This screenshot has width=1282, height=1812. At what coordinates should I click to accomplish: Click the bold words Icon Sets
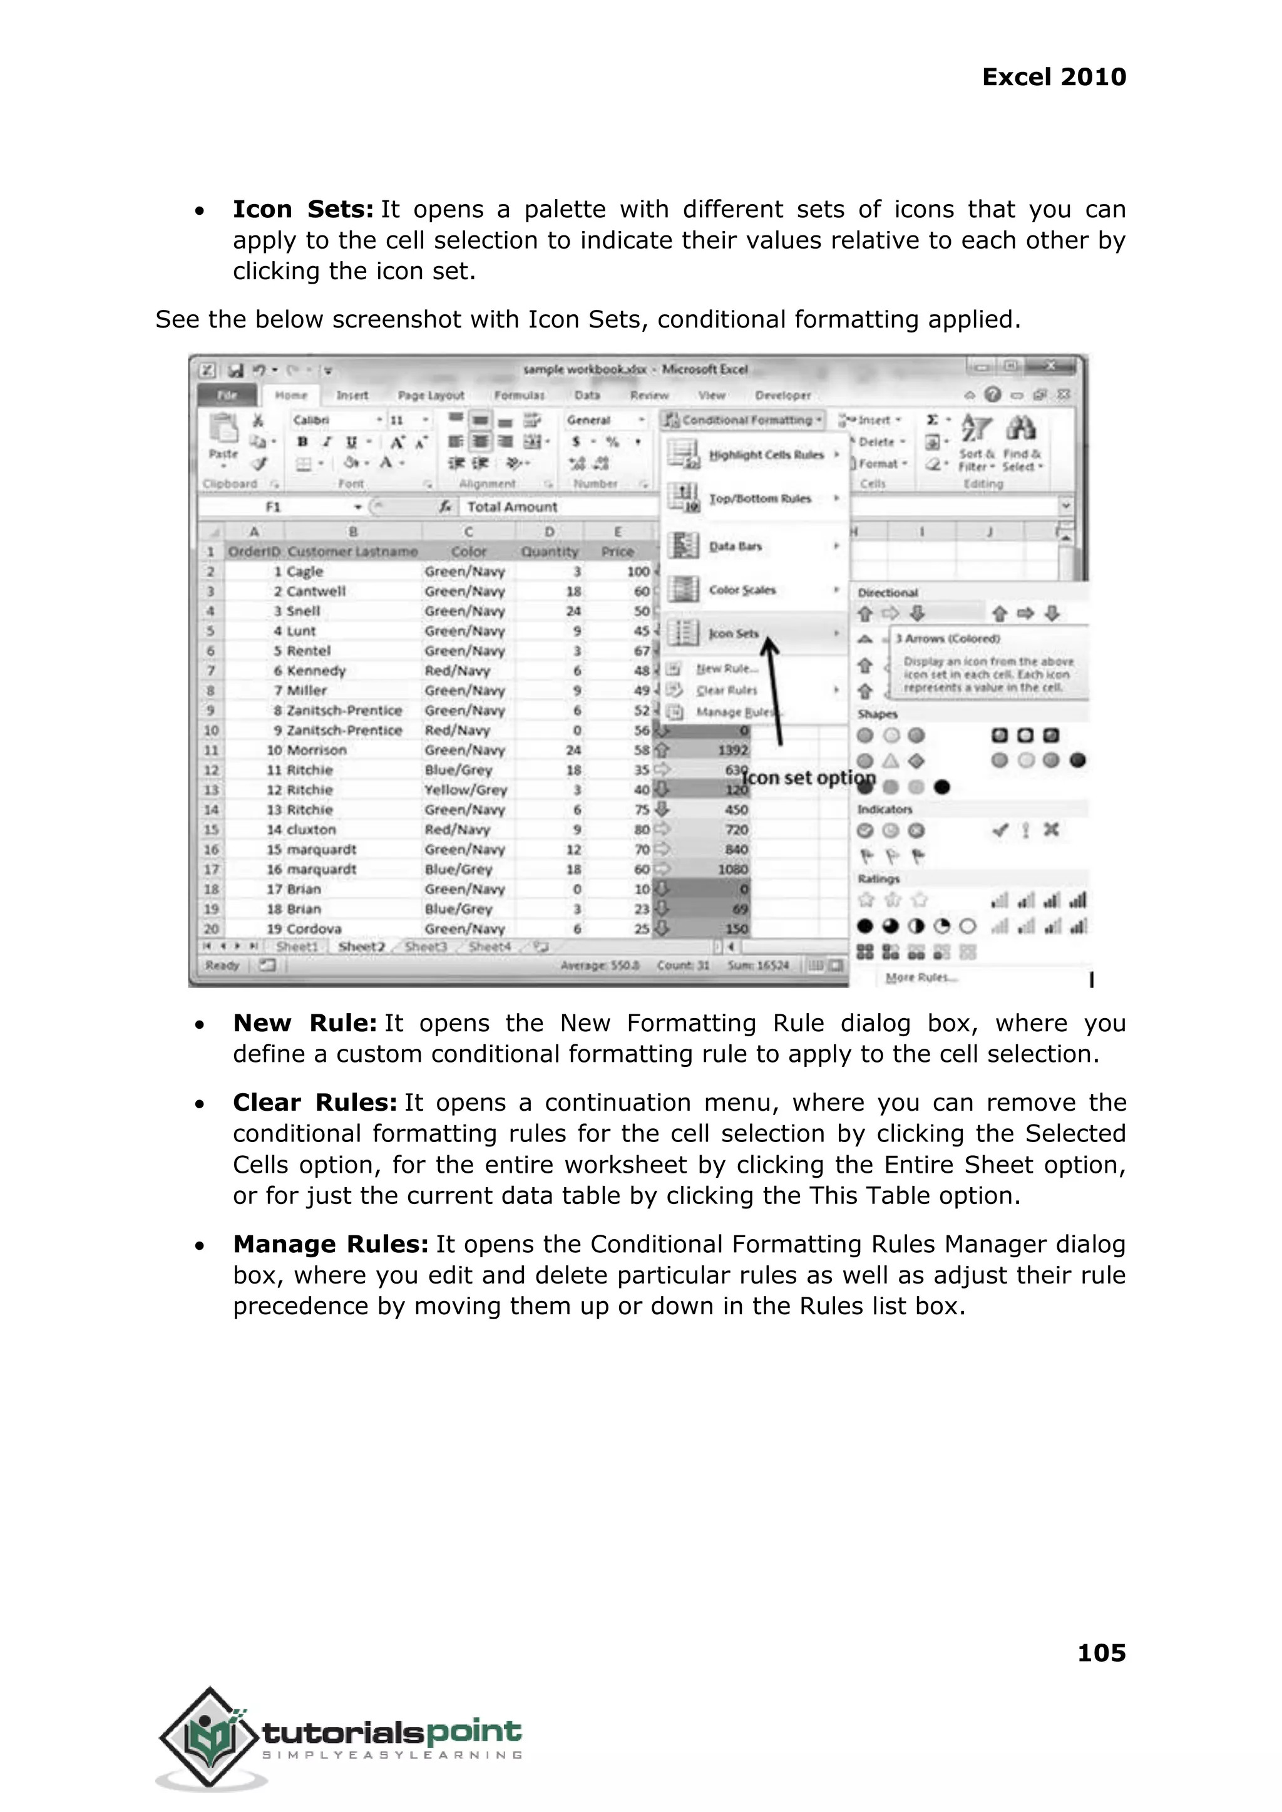tap(302, 209)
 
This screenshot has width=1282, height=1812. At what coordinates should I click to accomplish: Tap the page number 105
tap(1101, 1652)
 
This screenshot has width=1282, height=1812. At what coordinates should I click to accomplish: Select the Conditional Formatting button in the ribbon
tap(744, 420)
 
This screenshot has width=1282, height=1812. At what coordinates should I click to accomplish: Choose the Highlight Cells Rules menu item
tap(765, 455)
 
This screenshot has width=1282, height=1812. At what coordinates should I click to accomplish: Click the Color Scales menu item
tap(742, 590)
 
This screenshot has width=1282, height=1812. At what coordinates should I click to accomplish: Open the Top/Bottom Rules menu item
tap(759, 499)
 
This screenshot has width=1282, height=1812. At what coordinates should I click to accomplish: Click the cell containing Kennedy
tap(315, 671)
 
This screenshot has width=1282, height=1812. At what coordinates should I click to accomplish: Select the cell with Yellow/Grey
tap(465, 790)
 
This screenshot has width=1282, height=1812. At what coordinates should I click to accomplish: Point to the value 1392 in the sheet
tap(732, 750)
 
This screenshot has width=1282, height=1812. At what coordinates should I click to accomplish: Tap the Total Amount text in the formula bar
tap(511, 507)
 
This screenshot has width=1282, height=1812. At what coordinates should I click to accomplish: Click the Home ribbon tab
tap(290, 395)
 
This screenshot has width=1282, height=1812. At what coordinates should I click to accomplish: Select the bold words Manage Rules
tap(330, 1244)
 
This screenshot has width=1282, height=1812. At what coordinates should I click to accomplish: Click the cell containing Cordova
tap(314, 929)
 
